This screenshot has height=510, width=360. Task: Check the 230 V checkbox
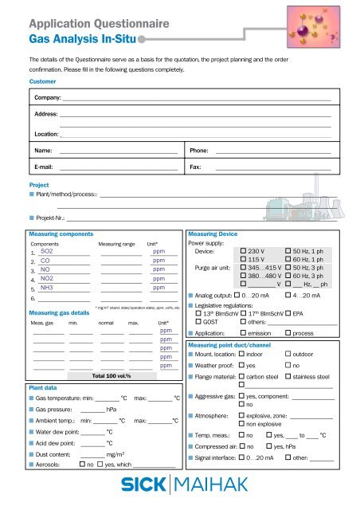click(244, 251)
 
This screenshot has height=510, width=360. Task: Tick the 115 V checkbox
click(244, 260)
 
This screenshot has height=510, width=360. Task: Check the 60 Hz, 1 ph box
click(288, 260)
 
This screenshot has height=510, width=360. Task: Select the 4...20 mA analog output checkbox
click(288, 295)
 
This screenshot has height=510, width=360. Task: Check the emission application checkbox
click(244, 333)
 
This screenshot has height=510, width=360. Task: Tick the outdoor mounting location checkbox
click(288, 353)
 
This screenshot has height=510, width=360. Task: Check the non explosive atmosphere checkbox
click(242, 425)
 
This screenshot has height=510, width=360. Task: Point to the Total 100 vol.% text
click(112, 375)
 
